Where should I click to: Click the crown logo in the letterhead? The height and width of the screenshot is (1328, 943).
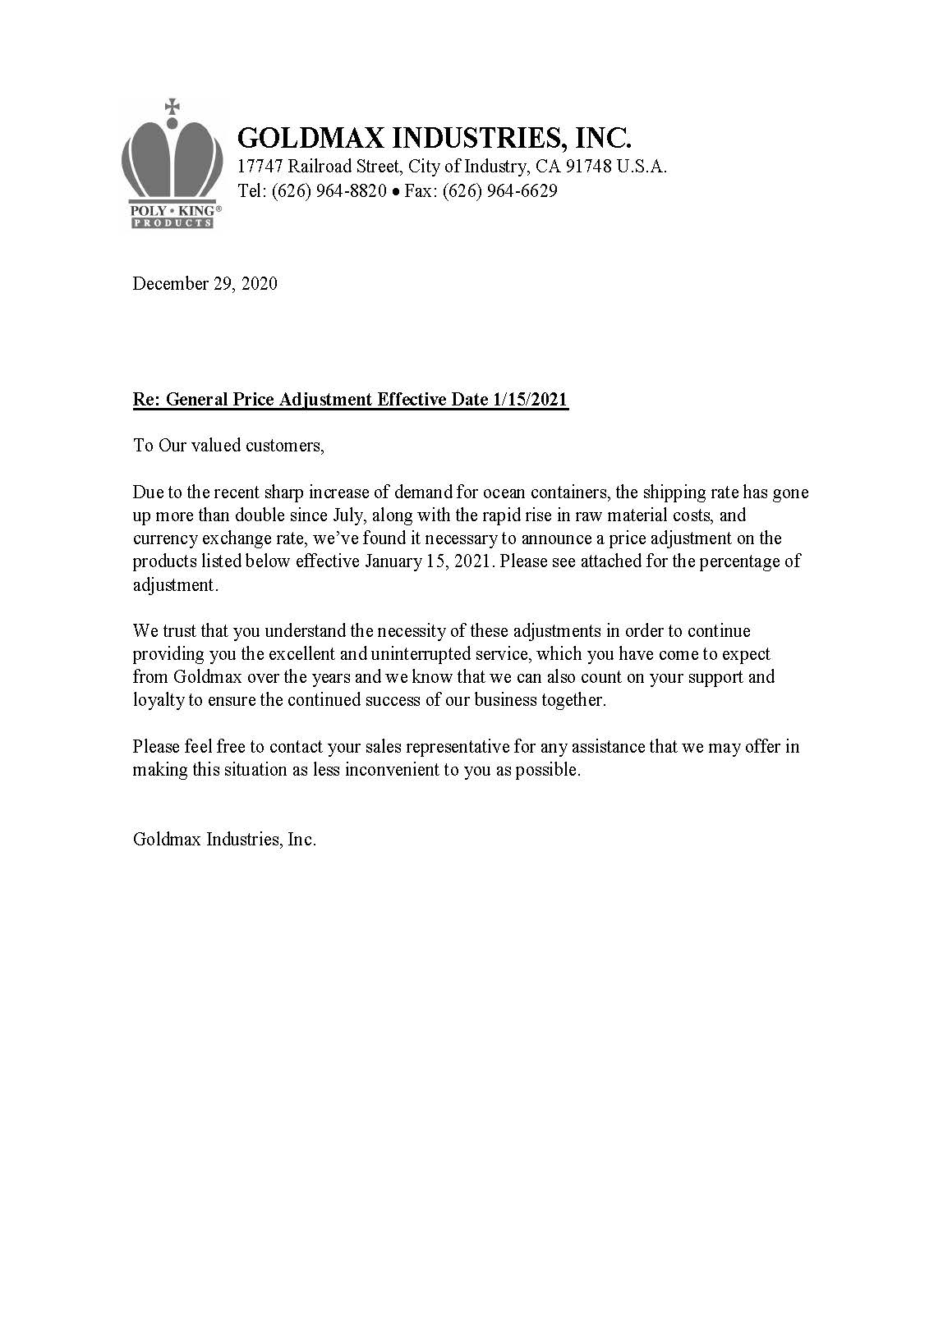pos(172,161)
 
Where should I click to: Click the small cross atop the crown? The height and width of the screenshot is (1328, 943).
pos(172,106)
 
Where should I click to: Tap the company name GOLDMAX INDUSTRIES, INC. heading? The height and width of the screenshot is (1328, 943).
pos(434,137)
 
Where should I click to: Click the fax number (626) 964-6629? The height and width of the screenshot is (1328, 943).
pos(499,191)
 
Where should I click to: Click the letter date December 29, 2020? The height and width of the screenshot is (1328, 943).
pos(205,284)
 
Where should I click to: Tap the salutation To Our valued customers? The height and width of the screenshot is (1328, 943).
pos(228,446)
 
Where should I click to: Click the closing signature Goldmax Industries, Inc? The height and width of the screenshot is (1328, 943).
pos(224,840)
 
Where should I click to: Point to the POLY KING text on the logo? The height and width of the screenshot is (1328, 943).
pos(172,210)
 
